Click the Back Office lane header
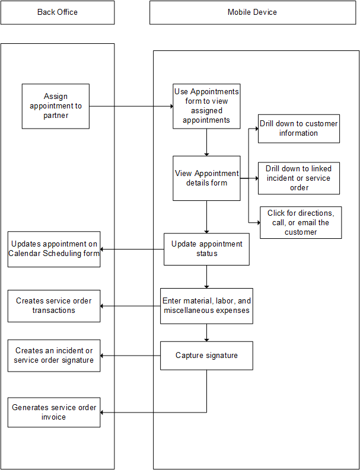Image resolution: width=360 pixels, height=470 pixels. tap(58, 12)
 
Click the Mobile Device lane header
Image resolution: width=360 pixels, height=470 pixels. tap(252, 12)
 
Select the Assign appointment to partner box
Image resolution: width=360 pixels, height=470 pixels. tap(56, 106)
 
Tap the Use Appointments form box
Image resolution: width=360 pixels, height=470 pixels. tap(206, 106)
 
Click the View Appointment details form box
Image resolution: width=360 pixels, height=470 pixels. tap(206, 178)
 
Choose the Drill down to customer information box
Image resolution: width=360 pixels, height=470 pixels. tap(298, 129)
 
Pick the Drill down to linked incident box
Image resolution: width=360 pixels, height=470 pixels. tap(298, 178)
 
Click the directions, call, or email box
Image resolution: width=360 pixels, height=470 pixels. tap(301, 222)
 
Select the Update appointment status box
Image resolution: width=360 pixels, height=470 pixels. tap(206, 249)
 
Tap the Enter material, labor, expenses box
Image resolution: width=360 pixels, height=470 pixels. tap(206, 306)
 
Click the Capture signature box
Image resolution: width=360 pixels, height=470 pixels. tap(206, 356)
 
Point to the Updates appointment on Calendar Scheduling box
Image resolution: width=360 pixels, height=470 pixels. tap(54, 249)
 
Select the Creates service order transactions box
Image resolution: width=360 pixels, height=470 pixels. tap(54, 306)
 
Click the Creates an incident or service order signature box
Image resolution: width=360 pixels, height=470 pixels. tap(54, 356)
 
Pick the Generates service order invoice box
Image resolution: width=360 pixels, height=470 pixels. tap(54, 413)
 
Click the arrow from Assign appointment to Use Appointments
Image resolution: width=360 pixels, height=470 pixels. tap(130, 107)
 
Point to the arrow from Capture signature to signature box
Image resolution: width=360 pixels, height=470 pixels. tap(130, 356)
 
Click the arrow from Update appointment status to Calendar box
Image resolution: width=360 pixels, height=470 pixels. tap(132, 249)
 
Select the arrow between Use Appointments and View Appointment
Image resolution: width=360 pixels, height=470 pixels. tap(206, 142)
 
